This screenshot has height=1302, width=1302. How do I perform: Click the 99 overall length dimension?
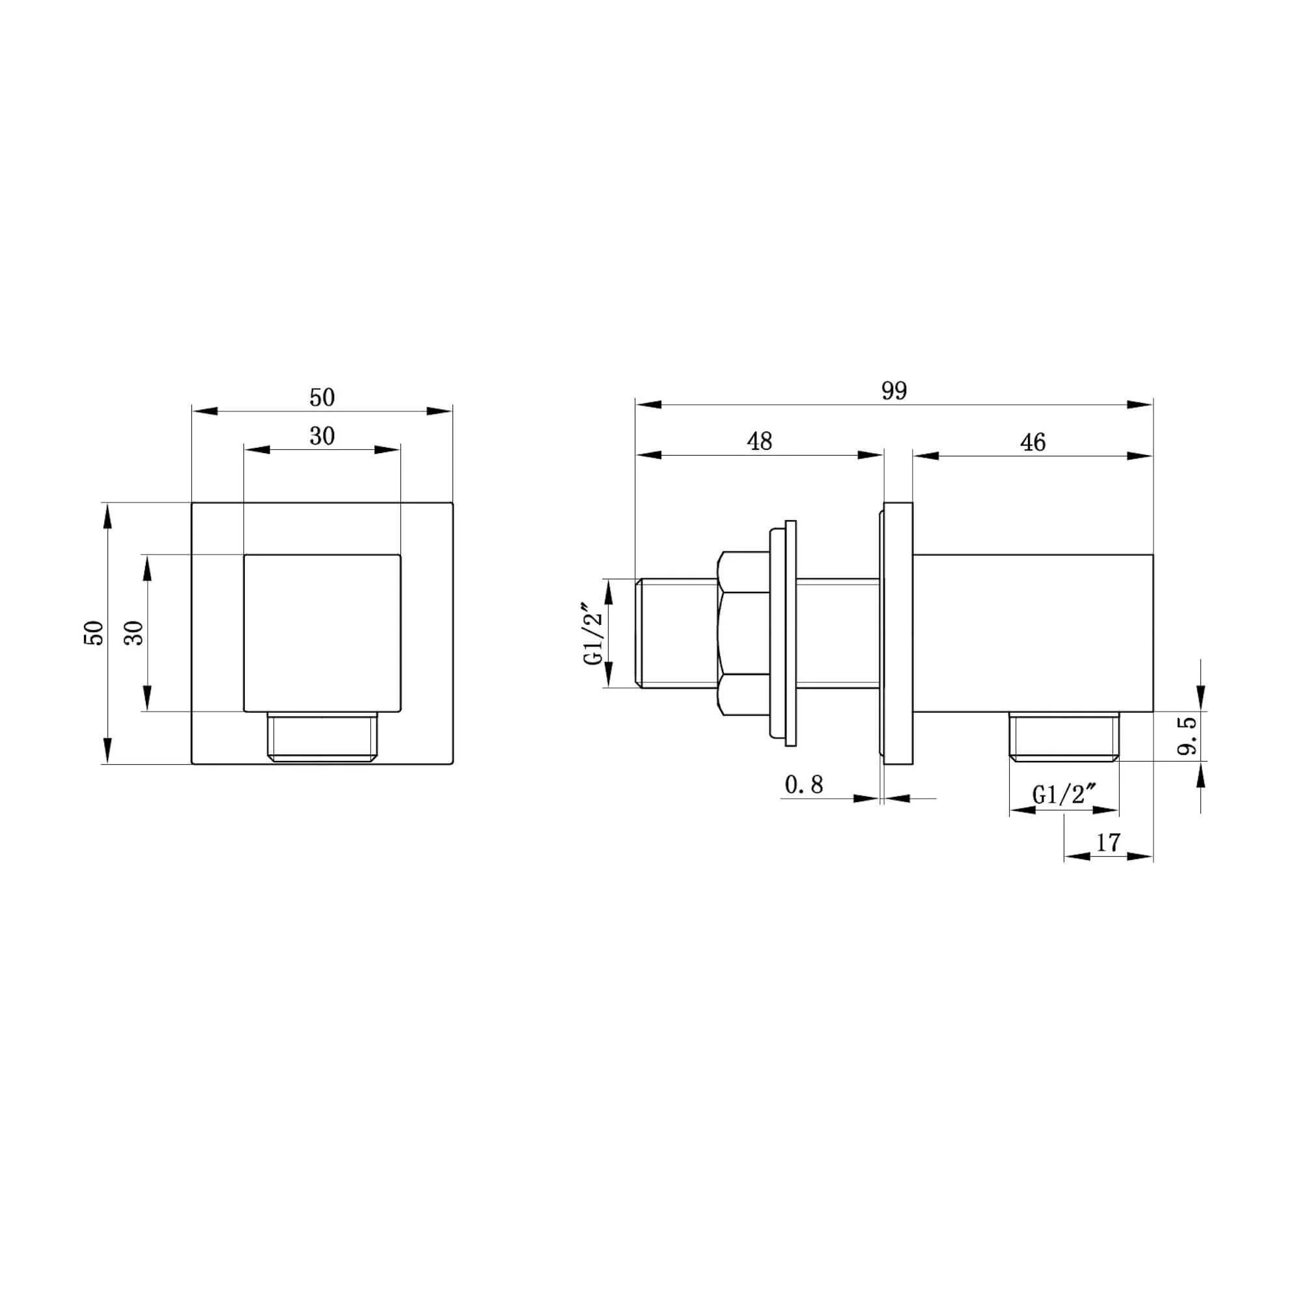pos(894,391)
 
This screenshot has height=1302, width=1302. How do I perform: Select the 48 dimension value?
pos(760,441)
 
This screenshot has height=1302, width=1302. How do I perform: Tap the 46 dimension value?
pos(1033,442)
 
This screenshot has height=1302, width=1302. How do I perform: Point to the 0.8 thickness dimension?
pos(804,784)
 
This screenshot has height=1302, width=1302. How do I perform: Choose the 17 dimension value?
pos(1108,842)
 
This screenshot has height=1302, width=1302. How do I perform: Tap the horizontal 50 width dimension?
pos(322,398)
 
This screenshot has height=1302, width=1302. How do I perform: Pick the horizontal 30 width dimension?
pos(322,437)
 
